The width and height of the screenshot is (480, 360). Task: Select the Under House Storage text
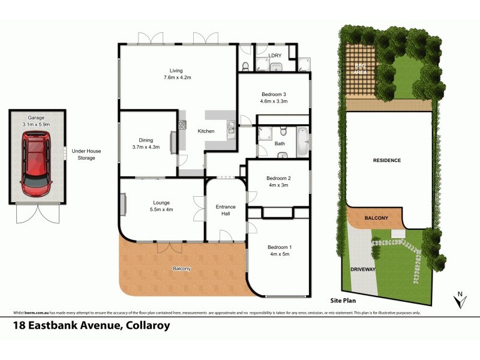(x=83, y=155)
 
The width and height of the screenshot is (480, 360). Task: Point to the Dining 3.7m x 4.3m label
(x=145, y=143)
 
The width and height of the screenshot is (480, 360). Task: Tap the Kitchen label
(x=206, y=131)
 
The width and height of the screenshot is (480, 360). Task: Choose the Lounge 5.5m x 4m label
(x=161, y=206)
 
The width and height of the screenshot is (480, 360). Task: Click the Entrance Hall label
(x=226, y=210)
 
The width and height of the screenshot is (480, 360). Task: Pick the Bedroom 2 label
(x=278, y=182)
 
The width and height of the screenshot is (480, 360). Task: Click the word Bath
(x=280, y=144)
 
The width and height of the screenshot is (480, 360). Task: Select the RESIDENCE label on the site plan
(x=386, y=160)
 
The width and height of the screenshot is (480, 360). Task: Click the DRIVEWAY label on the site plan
(x=363, y=269)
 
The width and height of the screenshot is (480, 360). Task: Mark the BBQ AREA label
(x=360, y=68)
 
